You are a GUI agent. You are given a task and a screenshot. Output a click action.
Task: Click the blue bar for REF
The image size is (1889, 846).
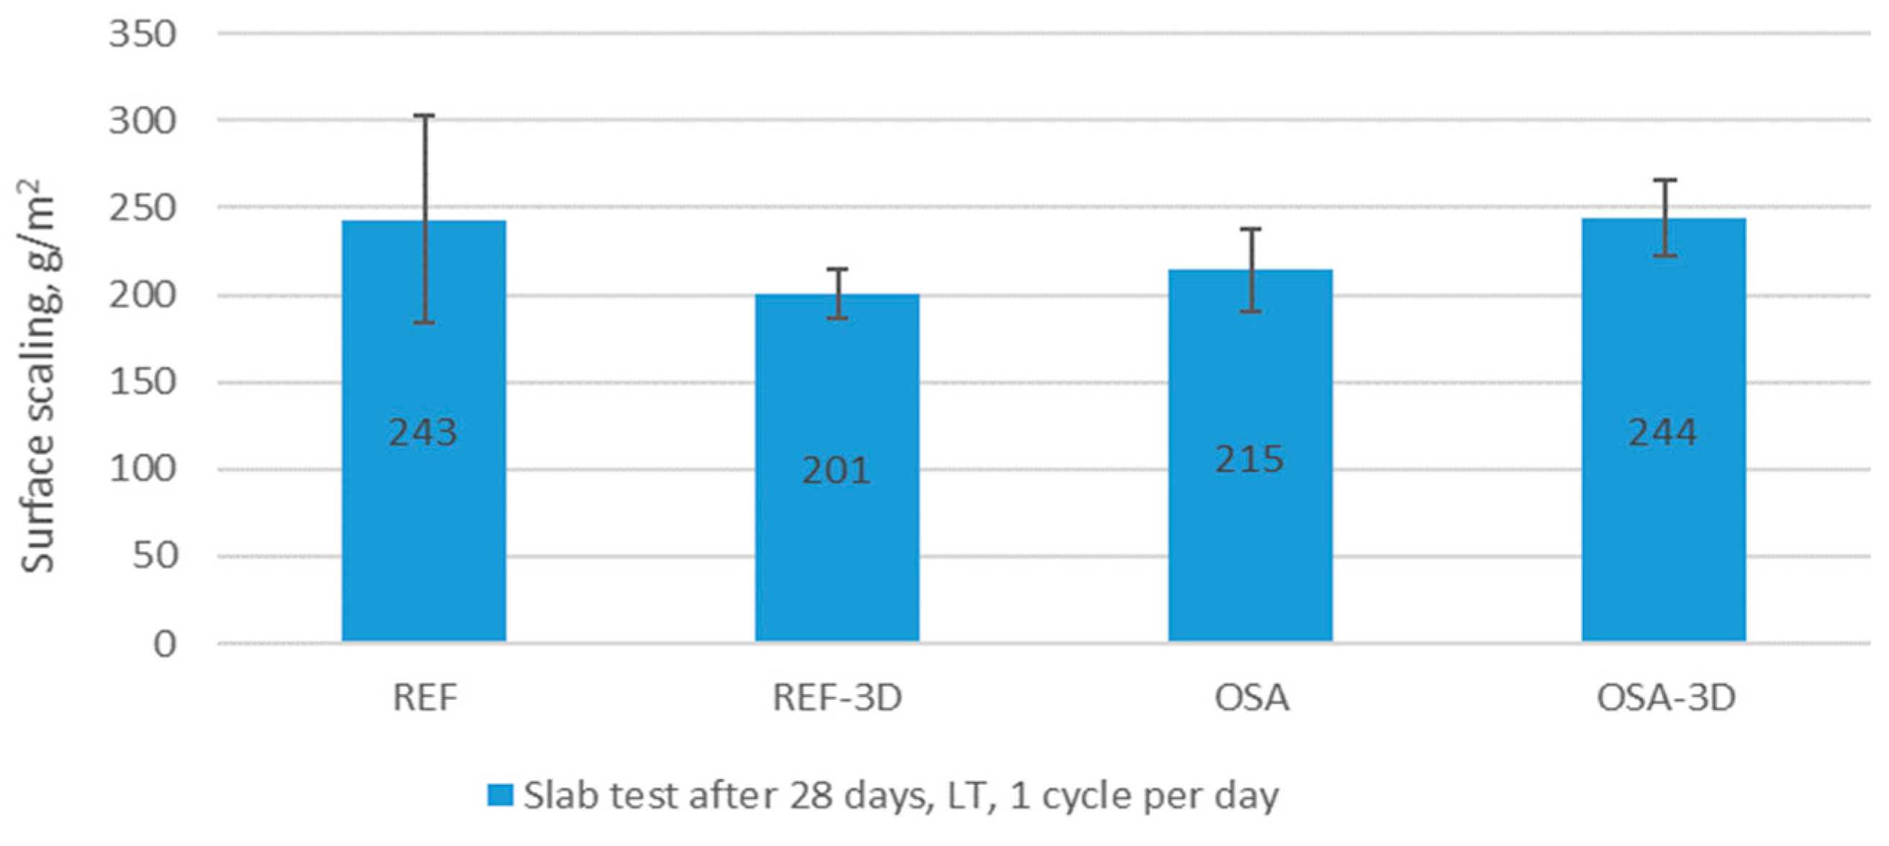(x=424, y=431)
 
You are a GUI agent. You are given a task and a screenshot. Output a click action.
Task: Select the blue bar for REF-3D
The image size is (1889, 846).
(x=837, y=468)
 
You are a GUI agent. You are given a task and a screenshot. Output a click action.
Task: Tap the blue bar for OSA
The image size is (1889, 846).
(x=1250, y=456)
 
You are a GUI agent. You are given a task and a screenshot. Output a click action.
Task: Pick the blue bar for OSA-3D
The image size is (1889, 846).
(x=1664, y=431)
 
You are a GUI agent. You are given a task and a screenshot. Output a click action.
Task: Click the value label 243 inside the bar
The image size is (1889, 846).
(x=423, y=432)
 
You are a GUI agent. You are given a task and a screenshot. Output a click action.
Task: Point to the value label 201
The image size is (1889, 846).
(x=836, y=470)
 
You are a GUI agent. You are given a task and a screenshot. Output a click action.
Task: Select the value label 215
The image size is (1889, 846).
(x=1249, y=459)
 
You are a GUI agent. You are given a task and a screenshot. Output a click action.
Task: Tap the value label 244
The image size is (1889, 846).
(x=1663, y=432)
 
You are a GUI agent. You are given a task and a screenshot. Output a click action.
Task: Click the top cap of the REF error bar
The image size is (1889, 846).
(x=424, y=115)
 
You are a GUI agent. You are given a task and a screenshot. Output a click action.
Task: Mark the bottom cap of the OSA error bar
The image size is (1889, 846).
(x=1250, y=312)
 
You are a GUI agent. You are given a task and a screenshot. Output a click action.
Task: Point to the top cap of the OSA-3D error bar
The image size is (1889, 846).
(x=1665, y=179)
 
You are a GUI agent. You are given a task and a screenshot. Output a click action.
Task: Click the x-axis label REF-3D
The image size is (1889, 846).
(x=837, y=697)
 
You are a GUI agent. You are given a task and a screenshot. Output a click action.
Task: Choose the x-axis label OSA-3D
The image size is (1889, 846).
(x=1666, y=697)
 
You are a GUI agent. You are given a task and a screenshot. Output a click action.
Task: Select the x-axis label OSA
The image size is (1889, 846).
(x=1251, y=697)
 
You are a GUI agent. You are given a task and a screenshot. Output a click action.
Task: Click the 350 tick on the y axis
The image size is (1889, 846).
(x=143, y=34)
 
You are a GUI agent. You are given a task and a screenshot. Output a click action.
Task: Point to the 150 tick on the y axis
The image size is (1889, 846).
(x=143, y=382)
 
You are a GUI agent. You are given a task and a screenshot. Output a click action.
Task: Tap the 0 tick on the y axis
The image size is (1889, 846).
(x=165, y=644)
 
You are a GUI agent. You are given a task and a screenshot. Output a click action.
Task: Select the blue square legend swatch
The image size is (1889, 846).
(x=500, y=796)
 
